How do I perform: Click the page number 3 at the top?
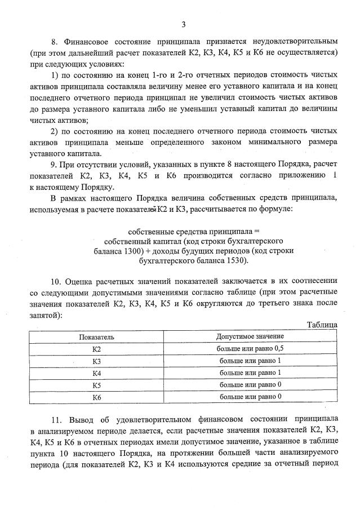click(x=184, y=24)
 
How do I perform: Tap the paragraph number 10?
click(x=56, y=281)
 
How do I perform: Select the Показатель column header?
click(x=96, y=336)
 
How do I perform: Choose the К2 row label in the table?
click(x=96, y=349)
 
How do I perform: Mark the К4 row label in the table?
click(x=96, y=373)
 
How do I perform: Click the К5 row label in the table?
click(x=96, y=385)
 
